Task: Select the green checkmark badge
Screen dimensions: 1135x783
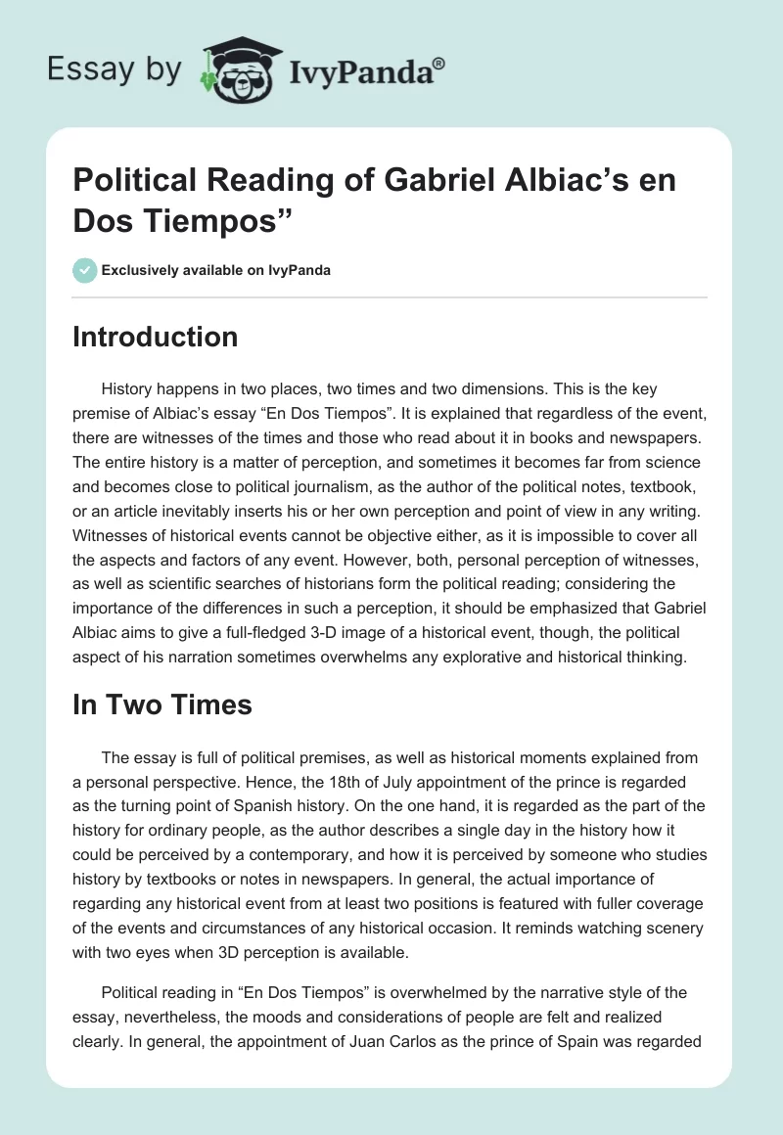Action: pos(86,270)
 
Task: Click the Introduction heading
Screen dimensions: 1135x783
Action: pos(155,337)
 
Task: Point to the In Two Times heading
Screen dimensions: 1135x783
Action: pos(162,704)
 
